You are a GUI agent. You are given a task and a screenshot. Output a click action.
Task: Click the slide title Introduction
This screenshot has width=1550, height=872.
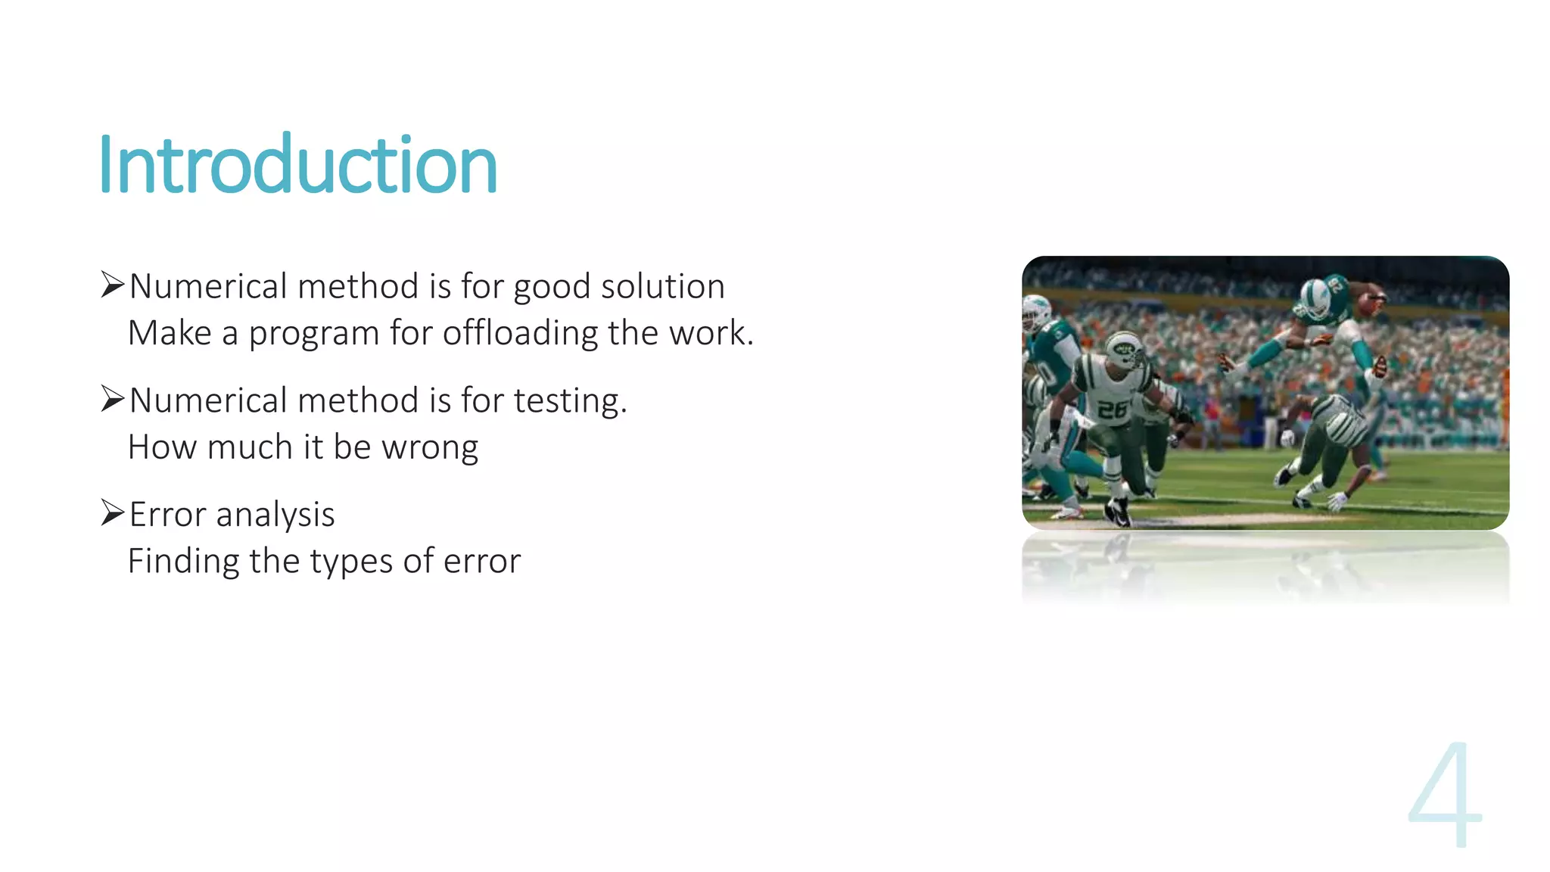(x=297, y=165)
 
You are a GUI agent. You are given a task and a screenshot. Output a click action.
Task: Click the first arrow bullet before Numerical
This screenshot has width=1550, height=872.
(x=112, y=285)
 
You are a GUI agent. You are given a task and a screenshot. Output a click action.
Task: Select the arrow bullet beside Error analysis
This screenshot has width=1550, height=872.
(x=112, y=513)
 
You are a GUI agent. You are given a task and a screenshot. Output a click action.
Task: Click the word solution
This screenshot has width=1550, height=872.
(x=662, y=287)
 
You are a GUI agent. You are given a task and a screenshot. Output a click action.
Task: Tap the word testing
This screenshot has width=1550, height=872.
(x=569, y=400)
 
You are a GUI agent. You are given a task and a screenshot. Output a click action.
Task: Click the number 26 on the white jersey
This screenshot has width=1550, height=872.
(x=1112, y=410)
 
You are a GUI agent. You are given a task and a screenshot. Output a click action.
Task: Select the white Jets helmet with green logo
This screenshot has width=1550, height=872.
(x=1125, y=350)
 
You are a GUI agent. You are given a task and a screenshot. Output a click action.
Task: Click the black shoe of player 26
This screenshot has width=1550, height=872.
(x=1118, y=513)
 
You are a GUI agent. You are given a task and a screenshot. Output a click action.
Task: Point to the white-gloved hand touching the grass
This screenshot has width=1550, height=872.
(x=1336, y=500)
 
